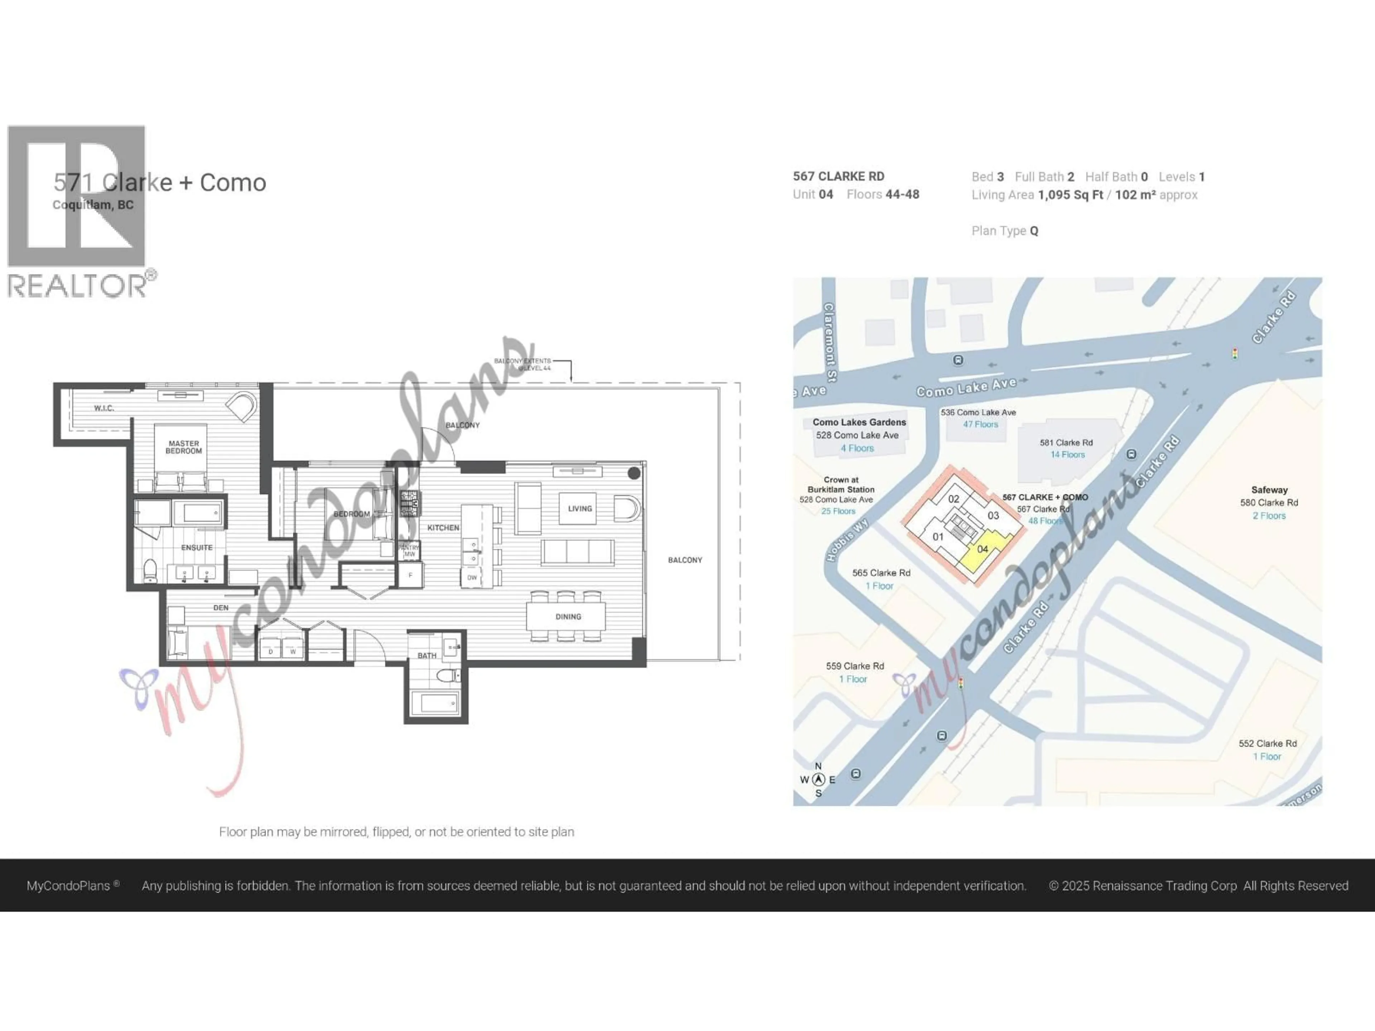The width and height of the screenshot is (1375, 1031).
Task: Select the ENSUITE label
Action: pyautogui.click(x=197, y=547)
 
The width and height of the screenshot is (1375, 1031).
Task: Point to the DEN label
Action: pyautogui.click(x=221, y=608)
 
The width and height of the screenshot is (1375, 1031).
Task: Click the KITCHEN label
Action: pyautogui.click(x=443, y=528)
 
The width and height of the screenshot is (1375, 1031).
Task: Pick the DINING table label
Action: pyautogui.click(x=568, y=616)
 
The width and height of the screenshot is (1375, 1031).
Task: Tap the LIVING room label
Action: pyautogui.click(x=579, y=508)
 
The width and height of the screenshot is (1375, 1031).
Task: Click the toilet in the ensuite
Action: pyautogui.click(x=150, y=571)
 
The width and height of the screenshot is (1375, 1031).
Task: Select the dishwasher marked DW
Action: pyautogui.click(x=472, y=577)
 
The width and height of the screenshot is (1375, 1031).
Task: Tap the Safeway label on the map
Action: pyautogui.click(x=1269, y=490)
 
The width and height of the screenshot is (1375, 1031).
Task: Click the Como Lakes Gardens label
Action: pyautogui.click(x=859, y=422)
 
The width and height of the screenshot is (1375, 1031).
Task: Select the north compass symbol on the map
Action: pyautogui.click(x=819, y=779)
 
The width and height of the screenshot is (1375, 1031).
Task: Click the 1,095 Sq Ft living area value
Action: pyautogui.click(x=1070, y=195)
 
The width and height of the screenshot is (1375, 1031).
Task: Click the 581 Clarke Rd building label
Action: pyautogui.click(x=1066, y=442)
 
